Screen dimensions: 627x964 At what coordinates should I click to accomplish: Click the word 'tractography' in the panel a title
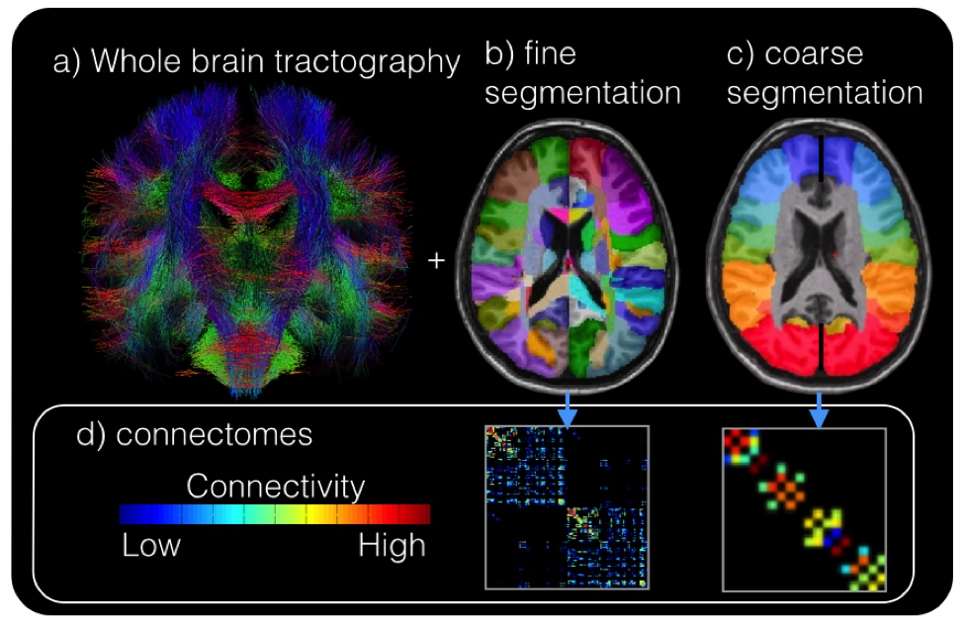coord(380,63)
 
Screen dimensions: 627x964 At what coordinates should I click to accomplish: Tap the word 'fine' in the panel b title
coord(556,56)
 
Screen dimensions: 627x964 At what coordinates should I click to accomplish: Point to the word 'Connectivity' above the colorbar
coord(275,487)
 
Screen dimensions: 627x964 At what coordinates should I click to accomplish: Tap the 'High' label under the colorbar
coord(393,545)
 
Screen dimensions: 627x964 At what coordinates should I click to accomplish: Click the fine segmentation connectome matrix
coord(567,507)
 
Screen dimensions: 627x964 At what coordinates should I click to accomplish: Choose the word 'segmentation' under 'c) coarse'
coord(825,93)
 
